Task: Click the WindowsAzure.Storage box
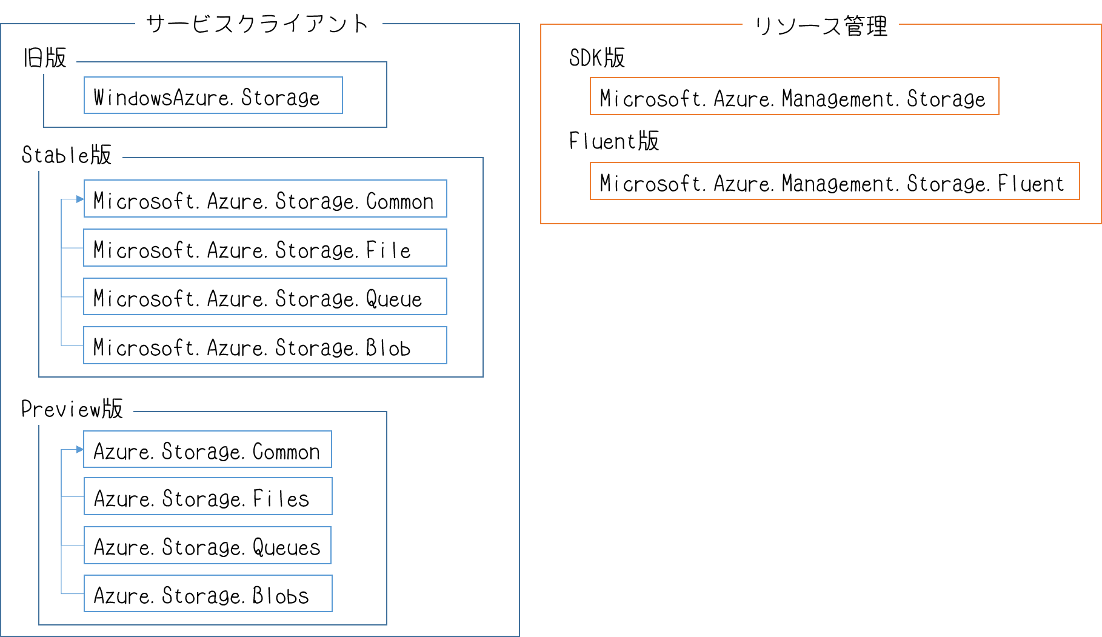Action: (213, 96)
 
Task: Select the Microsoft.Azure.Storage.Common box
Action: (265, 199)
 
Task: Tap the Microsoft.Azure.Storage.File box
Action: (265, 248)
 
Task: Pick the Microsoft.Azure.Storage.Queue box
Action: (265, 297)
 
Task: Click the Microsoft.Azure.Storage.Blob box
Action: (265, 345)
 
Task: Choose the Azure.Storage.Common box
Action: (207, 450)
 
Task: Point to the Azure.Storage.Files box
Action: (207, 496)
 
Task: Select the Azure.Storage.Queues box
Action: (207, 545)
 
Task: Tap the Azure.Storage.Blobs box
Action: (207, 594)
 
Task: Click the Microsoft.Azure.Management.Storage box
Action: (794, 96)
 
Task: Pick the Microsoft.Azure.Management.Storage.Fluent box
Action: (834, 181)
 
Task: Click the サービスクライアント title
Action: (258, 23)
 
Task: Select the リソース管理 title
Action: (820, 25)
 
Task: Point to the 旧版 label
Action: (45, 58)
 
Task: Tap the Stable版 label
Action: (67, 155)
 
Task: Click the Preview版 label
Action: (72, 409)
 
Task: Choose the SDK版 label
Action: (596, 58)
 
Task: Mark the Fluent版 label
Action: (613, 141)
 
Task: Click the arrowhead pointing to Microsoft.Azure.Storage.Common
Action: (79, 199)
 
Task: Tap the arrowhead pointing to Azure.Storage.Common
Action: (79, 449)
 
